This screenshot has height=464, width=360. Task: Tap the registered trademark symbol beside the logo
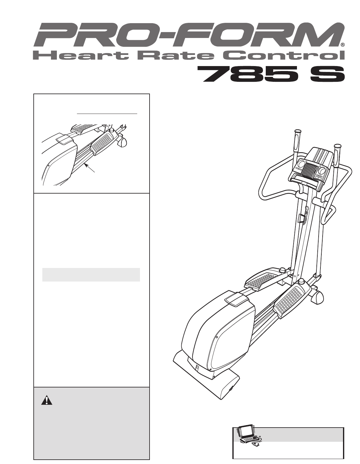[x=342, y=45]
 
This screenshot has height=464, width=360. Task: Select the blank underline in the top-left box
[x=107, y=113]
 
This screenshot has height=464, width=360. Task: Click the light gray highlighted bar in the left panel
[x=91, y=275]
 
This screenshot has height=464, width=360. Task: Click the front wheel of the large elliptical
[x=317, y=297]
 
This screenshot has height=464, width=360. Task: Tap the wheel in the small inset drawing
[x=123, y=142]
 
